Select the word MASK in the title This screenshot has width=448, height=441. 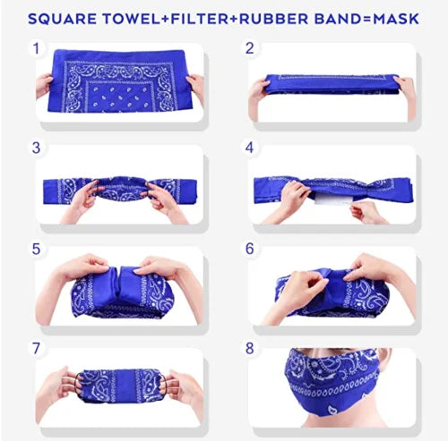pyautogui.click(x=396, y=19)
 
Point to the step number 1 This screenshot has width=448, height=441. pyautogui.click(x=37, y=48)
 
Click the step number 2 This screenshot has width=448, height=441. pyautogui.click(x=249, y=48)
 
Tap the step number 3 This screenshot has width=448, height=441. pyautogui.click(x=36, y=148)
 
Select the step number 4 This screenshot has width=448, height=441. pyautogui.click(x=249, y=148)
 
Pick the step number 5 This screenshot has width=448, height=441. pyautogui.click(x=36, y=249)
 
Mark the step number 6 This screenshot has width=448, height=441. pyautogui.click(x=250, y=249)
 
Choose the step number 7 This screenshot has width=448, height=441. pyautogui.click(x=36, y=348)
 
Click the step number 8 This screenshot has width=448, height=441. pyautogui.click(x=250, y=348)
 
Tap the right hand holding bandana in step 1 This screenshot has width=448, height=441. pyautogui.click(x=195, y=87)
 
